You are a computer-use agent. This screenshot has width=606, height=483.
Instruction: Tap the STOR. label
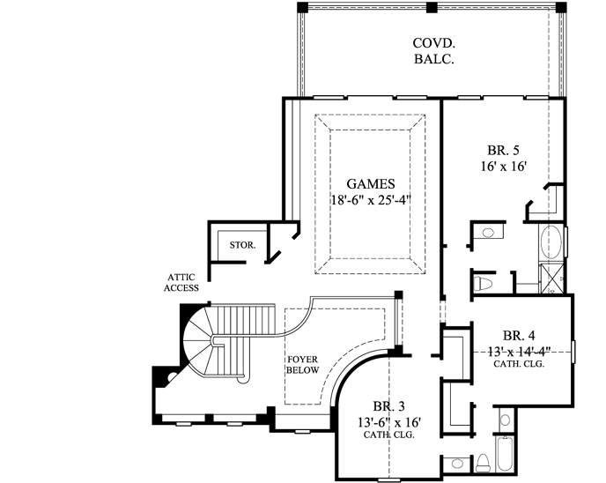(x=242, y=245)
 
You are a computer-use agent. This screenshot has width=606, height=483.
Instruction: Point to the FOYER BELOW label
(x=302, y=365)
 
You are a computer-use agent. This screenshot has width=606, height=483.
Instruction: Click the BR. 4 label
(x=519, y=335)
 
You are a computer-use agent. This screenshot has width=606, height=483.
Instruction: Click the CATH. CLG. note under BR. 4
(x=519, y=363)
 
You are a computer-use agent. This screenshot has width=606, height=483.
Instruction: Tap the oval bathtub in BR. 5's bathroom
(x=551, y=240)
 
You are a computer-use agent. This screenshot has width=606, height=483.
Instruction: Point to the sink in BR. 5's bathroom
(x=487, y=232)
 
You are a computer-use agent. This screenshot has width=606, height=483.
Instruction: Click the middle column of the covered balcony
(x=432, y=7)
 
